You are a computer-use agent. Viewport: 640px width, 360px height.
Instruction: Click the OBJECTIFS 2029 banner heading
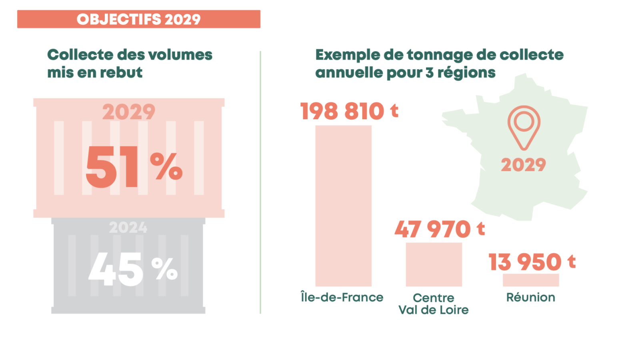pyautogui.click(x=138, y=19)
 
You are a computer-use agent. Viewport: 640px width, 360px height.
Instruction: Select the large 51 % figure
pyautogui.click(x=134, y=167)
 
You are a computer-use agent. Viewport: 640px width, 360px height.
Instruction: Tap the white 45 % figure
pyautogui.click(x=133, y=269)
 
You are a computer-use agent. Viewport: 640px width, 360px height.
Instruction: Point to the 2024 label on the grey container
pyautogui.click(x=128, y=228)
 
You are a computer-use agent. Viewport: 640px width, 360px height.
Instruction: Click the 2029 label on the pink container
pyautogui.click(x=128, y=112)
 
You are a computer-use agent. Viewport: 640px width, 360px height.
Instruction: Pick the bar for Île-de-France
pyautogui.click(x=343, y=206)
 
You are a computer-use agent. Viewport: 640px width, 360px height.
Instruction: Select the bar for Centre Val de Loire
pyautogui.click(x=434, y=264)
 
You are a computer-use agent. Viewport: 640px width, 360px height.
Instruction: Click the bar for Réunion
pyautogui.click(x=530, y=280)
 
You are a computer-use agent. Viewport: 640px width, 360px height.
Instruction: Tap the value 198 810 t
pyautogui.click(x=349, y=111)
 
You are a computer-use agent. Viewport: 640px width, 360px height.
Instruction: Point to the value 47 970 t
pyautogui.click(x=440, y=229)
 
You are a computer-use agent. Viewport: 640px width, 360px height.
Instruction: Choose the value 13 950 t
pyautogui.click(x=532, y=262)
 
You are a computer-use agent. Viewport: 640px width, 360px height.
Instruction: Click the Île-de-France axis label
pyautogui.click(x=342, y=297)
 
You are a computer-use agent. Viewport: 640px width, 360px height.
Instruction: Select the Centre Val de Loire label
pyautogui.click(x=434, y=304)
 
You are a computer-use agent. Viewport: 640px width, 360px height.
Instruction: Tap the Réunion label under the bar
pyautogui.click(x=530, y=297)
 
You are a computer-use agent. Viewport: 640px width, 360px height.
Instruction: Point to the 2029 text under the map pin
pyautogui.click(x=523, y=165)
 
